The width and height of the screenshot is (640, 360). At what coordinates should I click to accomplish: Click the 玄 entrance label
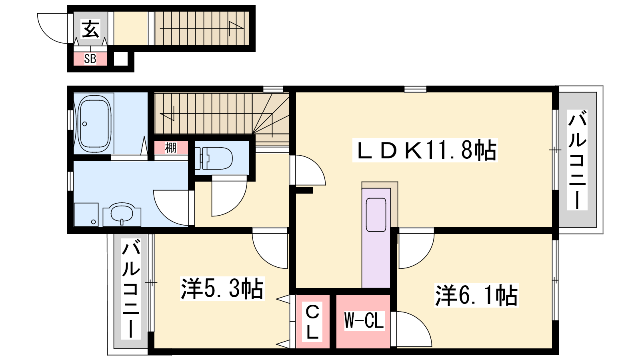90,28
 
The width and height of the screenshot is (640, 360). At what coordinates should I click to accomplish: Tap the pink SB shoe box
90,59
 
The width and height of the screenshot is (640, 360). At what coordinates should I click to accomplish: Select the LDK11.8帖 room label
425,150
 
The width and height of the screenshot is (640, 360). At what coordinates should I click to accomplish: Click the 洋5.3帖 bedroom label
222,288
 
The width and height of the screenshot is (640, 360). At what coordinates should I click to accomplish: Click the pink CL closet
312,322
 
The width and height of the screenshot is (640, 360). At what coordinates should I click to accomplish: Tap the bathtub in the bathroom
94,124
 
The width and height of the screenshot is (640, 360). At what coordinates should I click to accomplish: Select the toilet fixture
214,158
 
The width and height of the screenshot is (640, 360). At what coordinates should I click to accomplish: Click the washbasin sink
122,214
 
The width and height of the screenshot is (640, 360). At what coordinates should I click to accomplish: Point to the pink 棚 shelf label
171,148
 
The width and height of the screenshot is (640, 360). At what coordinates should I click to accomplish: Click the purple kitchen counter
376,238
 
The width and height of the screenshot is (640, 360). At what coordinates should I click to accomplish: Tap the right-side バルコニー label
577,160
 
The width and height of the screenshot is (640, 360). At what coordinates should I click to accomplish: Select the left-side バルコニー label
131,289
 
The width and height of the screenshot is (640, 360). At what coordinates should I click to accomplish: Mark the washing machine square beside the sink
86,214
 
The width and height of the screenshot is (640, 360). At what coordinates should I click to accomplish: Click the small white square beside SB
120,59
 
